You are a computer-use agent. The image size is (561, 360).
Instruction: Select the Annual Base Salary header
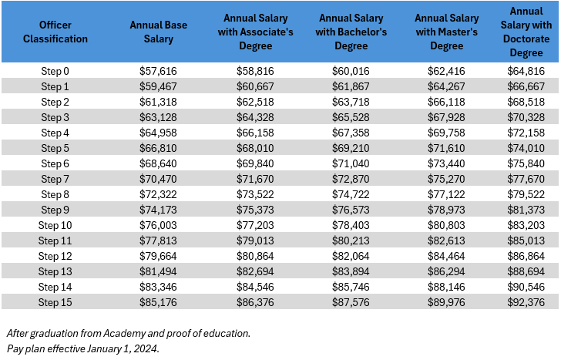[159, 32]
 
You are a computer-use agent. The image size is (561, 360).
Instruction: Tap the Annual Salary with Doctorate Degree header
[531, 32]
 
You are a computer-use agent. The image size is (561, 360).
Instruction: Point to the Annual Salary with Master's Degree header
[446, 32]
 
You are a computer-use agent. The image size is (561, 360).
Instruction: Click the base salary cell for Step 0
[159, 71]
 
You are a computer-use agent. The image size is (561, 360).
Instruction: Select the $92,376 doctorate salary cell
[531, 302]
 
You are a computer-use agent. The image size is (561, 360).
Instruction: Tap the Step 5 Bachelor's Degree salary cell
[351, 148]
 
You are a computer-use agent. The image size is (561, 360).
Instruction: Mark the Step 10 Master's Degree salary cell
[446, 225]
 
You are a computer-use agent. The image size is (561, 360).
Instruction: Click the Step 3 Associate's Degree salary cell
[257, 117]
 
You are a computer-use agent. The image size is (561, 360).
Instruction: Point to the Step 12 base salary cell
[159, 256]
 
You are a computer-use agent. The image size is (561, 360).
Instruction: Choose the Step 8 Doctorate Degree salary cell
[531, 194]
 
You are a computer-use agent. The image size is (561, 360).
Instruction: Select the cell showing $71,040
[351, 163]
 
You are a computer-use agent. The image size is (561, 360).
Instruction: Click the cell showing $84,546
[257, 287]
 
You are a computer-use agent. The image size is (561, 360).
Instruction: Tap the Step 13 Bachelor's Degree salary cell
[351, 271]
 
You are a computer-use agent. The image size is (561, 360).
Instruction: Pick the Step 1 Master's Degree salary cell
[446, 86]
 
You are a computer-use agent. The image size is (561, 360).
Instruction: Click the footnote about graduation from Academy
[128, 333]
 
